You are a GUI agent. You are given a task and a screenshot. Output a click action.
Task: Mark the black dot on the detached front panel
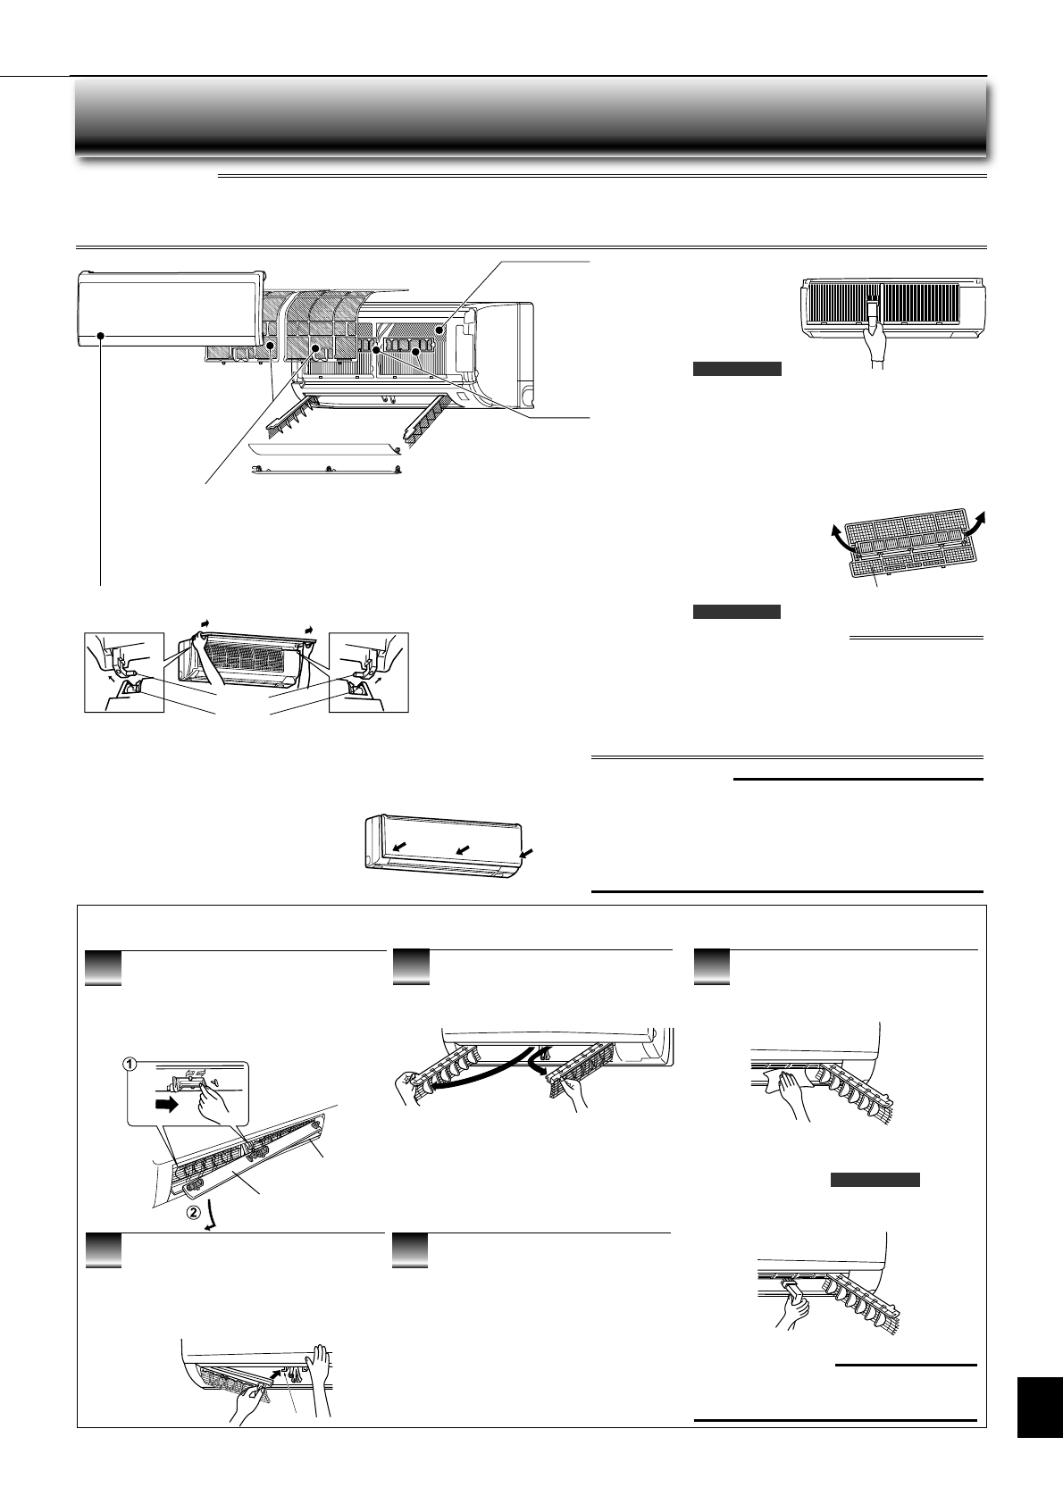102,337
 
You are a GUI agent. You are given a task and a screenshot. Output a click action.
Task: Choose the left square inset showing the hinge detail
124,673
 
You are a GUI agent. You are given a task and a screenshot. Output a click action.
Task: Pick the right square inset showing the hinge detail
369,673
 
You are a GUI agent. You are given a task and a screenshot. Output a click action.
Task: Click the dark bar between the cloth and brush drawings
875,1180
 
